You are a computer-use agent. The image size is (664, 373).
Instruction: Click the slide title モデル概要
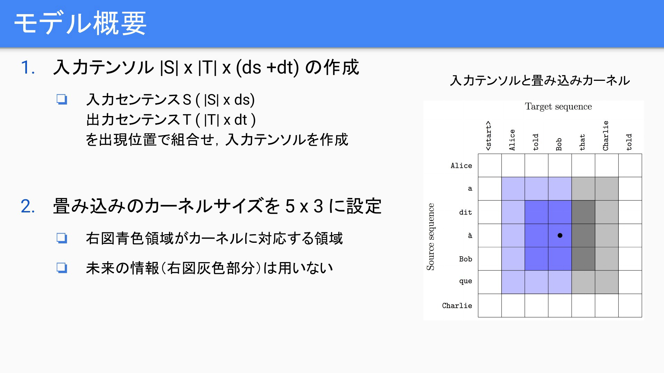coord(80,23)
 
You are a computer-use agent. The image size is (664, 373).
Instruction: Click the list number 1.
coord(28,67)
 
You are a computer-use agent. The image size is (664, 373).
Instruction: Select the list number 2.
coord(28,206)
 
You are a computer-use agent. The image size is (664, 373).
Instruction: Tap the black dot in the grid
coord(560,236)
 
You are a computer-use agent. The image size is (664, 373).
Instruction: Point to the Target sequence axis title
coord(558,106)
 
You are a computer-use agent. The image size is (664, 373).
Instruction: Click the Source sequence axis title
coord(431,237)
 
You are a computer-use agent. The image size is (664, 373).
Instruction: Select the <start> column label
coord(488,135)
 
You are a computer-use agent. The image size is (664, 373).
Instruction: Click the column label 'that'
coord(582,142)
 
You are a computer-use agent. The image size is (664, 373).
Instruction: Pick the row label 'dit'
coord(465,212)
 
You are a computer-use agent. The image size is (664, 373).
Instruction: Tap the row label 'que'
coord(465,281)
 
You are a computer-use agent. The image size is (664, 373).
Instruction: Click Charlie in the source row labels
coord(457,306)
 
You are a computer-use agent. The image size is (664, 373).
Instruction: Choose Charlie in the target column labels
coord(606,135)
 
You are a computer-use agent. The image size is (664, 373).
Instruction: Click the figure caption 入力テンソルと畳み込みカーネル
coord(539,80)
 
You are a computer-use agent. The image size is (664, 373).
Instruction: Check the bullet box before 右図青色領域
coord(62,238)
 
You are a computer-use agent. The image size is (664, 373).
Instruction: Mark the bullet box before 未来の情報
coord(62,268)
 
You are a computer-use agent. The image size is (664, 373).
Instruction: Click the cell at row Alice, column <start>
coord(490,165)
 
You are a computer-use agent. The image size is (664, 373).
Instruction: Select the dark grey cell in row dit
coord(583,212)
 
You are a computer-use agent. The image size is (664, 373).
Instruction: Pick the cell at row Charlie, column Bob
coord(560,305)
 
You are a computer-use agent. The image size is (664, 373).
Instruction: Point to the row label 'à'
coord(470,236)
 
